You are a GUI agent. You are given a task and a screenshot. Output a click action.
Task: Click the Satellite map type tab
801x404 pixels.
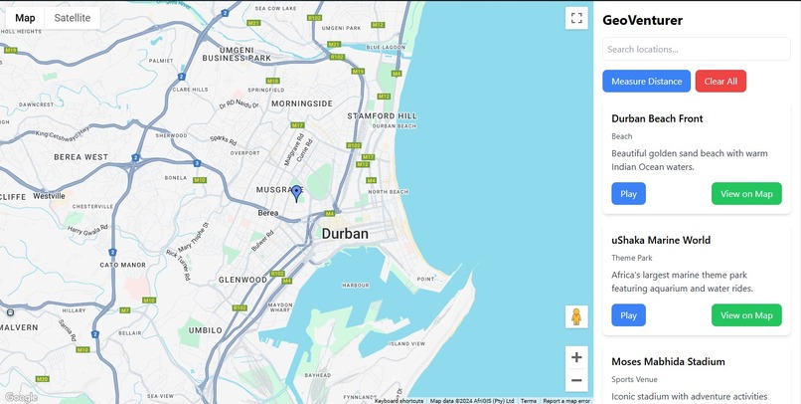[x=72, y=18]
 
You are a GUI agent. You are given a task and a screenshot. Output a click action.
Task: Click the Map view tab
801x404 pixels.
[x=25, y=18]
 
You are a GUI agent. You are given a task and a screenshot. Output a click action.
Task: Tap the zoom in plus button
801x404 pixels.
[x=576, y=357]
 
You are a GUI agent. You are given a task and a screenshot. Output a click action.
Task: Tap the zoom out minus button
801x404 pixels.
[x=576, y=380]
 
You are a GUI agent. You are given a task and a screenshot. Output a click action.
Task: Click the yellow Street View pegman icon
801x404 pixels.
[x=576, y=316]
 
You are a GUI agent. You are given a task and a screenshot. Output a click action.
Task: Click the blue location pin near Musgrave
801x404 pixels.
[x=296, y=193]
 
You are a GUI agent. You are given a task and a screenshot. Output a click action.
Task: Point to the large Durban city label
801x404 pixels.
[x=345, y=234]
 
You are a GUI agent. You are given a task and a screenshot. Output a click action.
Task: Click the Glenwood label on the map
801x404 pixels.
[x=242, y=280]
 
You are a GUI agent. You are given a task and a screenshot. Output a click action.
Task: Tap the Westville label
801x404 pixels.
[x=49, y=196]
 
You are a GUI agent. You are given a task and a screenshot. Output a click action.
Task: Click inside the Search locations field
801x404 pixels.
[x=696, y=49]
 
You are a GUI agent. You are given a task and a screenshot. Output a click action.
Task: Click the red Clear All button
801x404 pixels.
[x=721, y=82]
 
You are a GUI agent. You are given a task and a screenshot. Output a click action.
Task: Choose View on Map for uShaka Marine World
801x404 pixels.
[x=746, y=315]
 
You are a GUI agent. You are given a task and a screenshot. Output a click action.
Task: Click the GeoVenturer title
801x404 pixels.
[x=642, y=20]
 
